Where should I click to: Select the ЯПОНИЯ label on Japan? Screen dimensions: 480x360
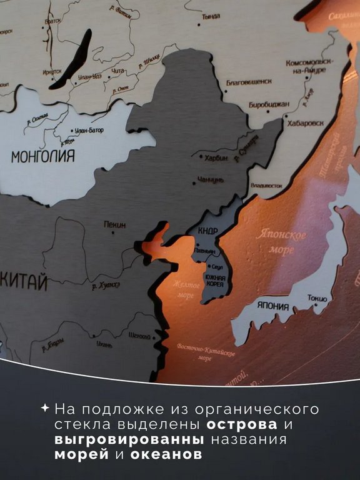pos(272,306)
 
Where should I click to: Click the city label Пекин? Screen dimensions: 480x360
pos(114,224)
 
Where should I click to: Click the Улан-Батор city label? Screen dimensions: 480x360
pos(88,131)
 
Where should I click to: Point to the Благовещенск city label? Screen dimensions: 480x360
pos(249,81)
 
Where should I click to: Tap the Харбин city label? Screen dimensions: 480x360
pos(216,157)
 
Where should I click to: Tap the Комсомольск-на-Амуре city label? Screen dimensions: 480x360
pos(310,67)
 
